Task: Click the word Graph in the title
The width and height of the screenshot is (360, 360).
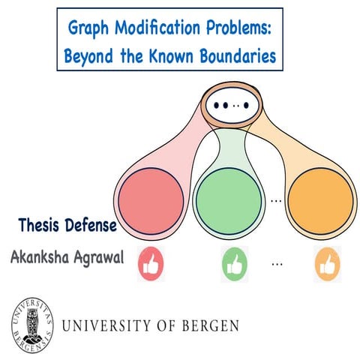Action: [x=89, y=29]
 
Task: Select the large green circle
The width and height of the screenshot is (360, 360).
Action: [x=227, y=197]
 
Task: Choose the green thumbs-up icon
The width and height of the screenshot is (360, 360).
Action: [x=234, y=263]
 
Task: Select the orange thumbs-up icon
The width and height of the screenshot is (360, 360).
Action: [x=327, y=263]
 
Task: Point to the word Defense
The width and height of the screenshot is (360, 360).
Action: [x=90, y=225]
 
